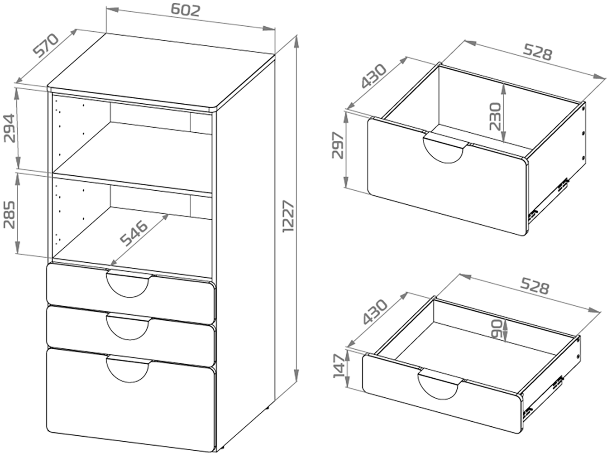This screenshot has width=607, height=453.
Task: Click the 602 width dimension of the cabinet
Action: click(185, 10)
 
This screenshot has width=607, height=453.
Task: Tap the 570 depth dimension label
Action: click(46, 45)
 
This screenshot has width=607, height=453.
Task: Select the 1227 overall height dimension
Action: click(288, 217)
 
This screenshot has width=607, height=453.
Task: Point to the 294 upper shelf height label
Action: click(9, 128)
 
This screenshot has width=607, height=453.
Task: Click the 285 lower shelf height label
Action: click(9, 215)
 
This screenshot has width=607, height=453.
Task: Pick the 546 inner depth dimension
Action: click(134, 233)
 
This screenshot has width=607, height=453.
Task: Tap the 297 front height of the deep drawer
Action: click(338, 145)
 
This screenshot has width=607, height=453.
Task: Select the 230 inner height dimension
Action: click(495, 116)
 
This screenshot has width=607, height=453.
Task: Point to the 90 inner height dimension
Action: click(497, 329)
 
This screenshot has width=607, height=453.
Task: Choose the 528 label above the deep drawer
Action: click(538, 53)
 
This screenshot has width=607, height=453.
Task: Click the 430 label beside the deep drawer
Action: click(373, 76)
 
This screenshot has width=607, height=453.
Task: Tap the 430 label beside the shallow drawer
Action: click(375, 311)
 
